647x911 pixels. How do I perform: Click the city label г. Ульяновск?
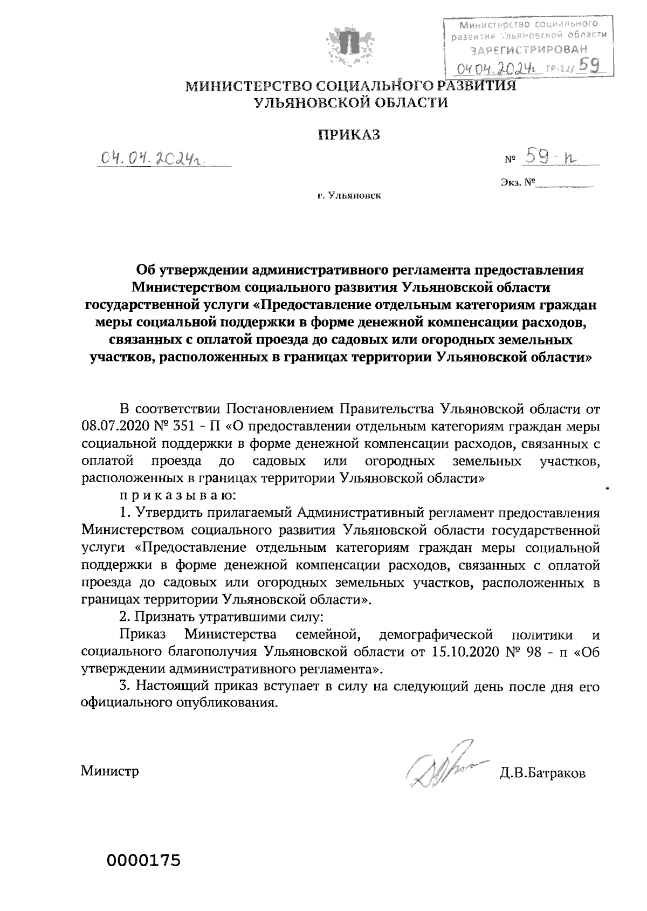click(x=349, y=195)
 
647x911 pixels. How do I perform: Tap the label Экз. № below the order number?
click(x=517, y=183)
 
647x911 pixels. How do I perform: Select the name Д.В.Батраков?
click(x=542, y=774)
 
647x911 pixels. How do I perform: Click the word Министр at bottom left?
click(x=110, y=771)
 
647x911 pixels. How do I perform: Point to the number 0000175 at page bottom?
click(x=143, y=860)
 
